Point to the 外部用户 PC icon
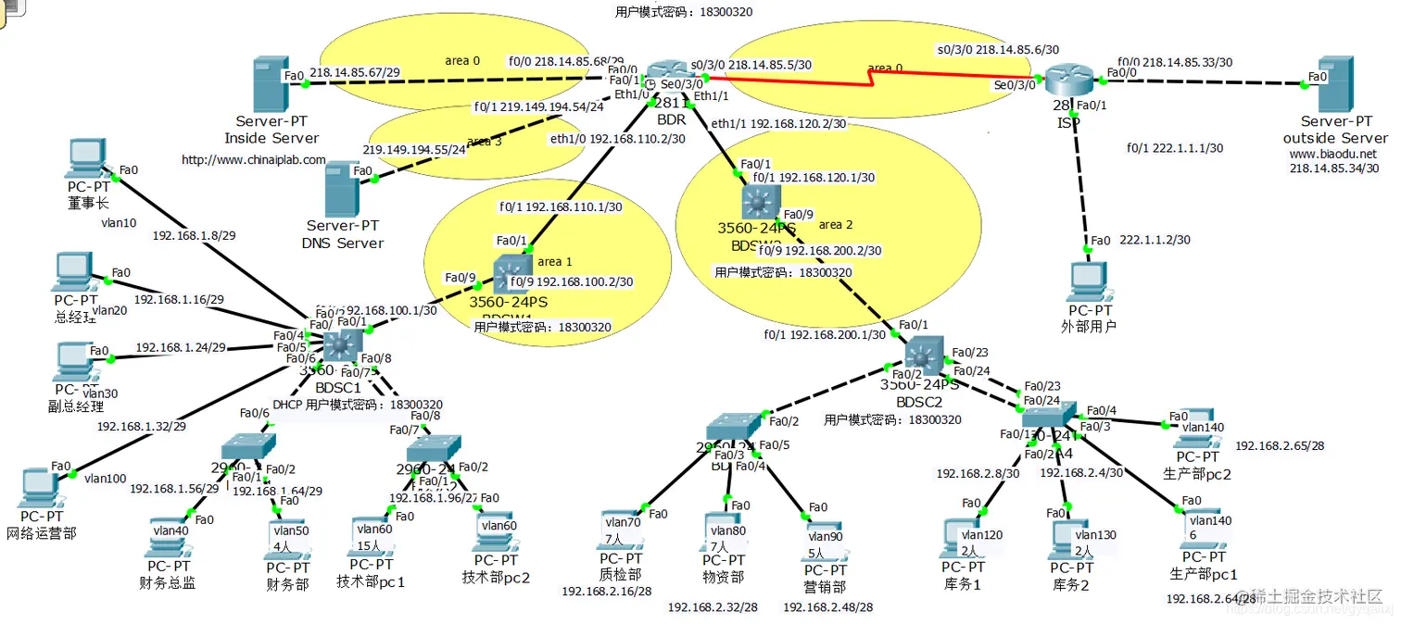point(1090,281)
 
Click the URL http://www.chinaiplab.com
point(253,159)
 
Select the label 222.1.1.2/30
point(1155,240)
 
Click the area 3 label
point(485,142)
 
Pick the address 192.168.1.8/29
point(194,235)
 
